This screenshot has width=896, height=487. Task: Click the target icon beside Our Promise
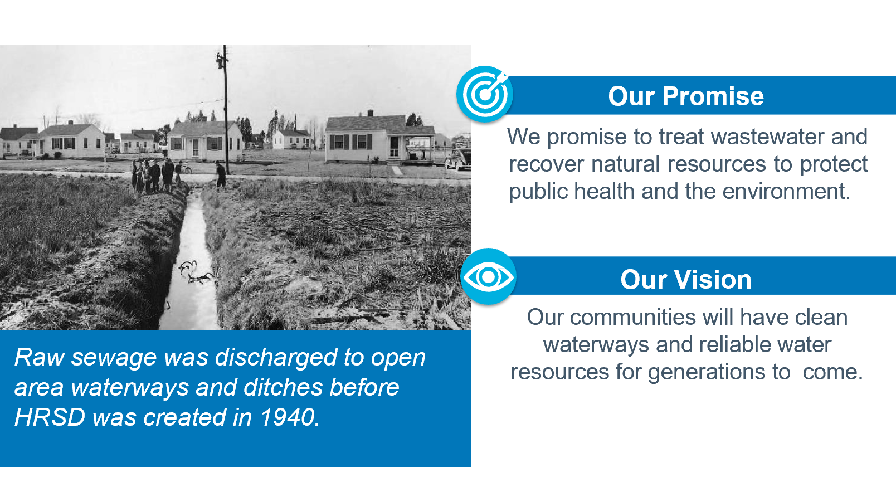point(484,94)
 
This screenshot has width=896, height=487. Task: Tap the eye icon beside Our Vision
point(488,277)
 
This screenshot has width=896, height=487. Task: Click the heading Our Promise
point(685,96)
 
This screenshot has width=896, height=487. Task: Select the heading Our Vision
point(685,279)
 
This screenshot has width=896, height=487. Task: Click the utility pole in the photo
point(225,109)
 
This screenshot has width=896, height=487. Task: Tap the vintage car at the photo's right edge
point(459,159)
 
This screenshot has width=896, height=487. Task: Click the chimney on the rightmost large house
point(371,113)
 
